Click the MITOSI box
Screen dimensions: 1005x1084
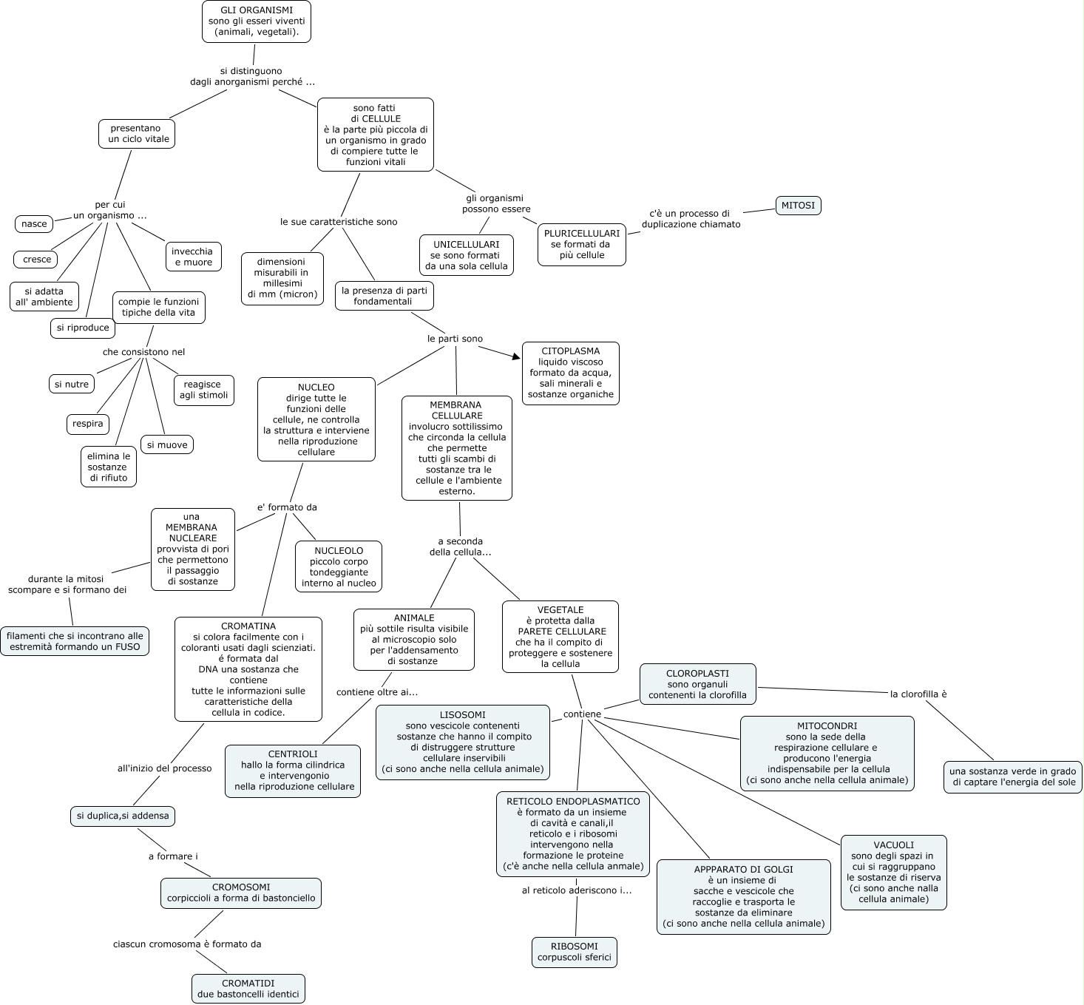(x=799, y=205)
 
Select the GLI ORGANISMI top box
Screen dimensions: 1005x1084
(x=256, y=21)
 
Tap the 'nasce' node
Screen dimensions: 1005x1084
(x=34, y=223)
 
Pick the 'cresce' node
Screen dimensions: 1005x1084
(x=37, y=259)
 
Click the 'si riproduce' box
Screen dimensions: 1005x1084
(x=83, y=328)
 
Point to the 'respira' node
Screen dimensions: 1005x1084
(x=88, y=424)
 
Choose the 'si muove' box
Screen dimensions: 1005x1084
(x=167, y=444)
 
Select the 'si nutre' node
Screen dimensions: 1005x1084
(x=72, y=384)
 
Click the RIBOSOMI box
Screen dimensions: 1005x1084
(x=575, y=952)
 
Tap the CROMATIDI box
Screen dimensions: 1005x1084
(x=248, y=989)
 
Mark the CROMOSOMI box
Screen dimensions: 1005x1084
(x=241, y=893)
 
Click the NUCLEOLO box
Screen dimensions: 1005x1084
(x=339, y=567)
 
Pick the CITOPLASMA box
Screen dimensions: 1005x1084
(x=570, y=373)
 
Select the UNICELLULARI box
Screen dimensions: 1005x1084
(x=467, y=255)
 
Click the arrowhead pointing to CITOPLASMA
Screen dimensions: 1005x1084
(x=516, y=357)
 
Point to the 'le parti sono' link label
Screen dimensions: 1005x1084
(x=455, y=339)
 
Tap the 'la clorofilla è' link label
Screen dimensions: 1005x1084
(x=918, y=694)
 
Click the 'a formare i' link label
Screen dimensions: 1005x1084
(x=173, y=856)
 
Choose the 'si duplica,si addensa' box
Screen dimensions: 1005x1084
(x=123, y=816)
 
